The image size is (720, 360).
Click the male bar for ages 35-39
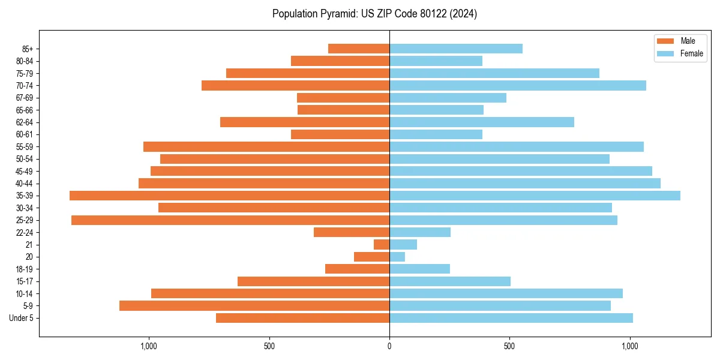229,196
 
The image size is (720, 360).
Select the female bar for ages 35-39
535,196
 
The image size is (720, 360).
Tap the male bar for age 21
382,245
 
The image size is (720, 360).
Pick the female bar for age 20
397,257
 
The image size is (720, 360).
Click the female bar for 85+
456,49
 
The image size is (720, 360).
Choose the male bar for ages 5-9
254,306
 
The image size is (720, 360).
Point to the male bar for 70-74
295,86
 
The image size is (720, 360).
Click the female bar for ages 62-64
482,122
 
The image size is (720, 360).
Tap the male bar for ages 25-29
230,220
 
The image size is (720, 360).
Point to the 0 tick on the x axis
389,346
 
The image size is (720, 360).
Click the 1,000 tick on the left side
148,346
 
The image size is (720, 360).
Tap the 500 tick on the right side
509,346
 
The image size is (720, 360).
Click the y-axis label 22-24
25,233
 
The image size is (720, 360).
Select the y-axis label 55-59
25,147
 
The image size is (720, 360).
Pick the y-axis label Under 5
22,318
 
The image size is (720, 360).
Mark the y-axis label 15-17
25,281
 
